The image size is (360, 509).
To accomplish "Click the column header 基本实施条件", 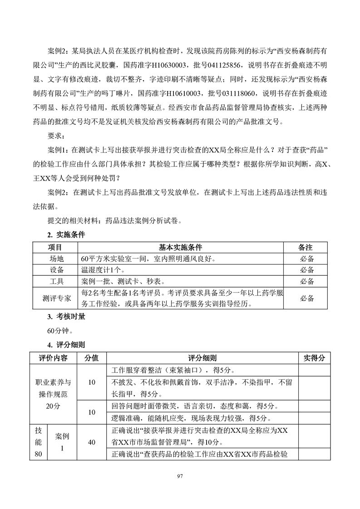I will (180, 248).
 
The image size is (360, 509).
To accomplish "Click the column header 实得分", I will (314, 358).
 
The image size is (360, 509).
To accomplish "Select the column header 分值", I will (92, 358).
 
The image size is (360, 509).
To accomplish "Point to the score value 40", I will (92, 443).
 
